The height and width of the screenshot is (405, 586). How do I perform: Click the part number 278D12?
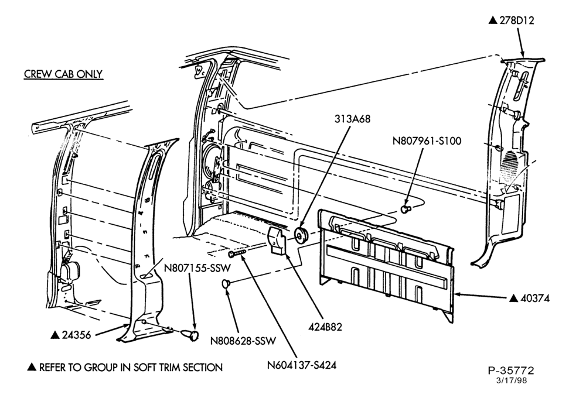coord(517,20)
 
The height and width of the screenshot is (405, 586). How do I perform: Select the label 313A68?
coord(352,119)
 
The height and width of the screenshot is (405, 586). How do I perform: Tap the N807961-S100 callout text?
coord(427,141)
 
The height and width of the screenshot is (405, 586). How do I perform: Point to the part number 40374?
coord(535,298)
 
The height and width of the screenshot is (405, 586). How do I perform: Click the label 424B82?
coord(325,327)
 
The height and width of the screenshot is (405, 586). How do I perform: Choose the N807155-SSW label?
coord(197,267)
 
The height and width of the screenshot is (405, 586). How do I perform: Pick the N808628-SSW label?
coord(243,341)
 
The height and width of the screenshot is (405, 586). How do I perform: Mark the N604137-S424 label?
coord(302,365)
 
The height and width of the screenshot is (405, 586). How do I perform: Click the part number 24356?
coord(76,335)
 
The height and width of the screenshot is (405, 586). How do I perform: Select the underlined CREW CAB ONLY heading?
coord(63,74)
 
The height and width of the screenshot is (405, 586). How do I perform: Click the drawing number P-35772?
coord(511,370)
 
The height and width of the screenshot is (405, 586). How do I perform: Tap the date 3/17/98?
coord(511,380)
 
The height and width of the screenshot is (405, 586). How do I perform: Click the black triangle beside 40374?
coord(515,298)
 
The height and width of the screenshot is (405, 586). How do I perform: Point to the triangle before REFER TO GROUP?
coord(32,368)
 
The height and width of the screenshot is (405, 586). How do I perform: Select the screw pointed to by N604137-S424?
coord(237,253)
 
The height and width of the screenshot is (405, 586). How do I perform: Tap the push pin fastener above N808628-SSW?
coord(226,283)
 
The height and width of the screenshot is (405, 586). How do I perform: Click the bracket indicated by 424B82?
coord(277,241)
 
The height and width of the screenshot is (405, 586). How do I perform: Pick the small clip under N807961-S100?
coord(406,209)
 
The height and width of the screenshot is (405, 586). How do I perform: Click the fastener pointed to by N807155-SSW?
coord(190,334)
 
